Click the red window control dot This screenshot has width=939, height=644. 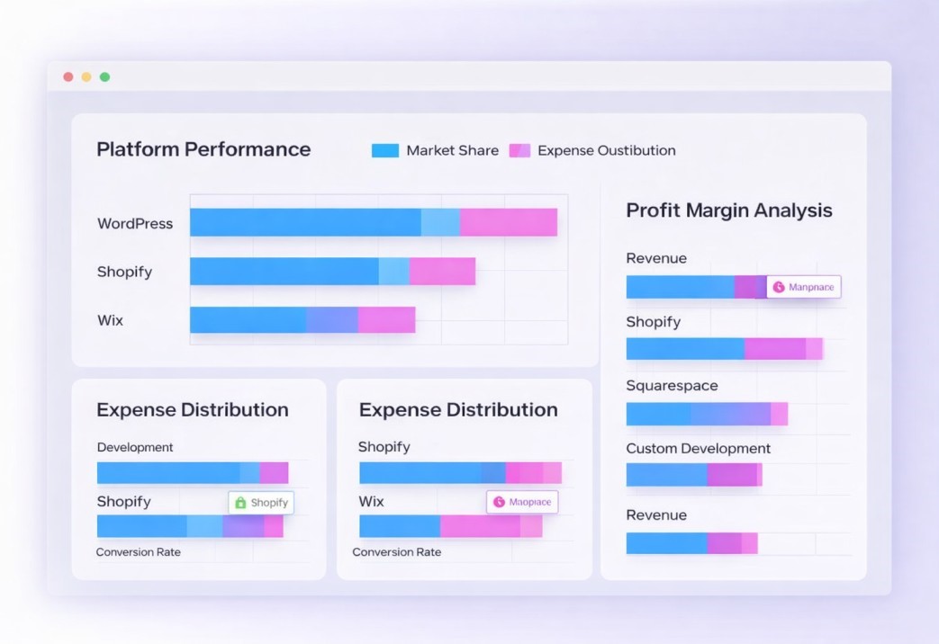[x=68, y=77]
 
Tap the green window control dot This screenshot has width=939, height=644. [x=104, y=77]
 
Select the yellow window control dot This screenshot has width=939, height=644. [x=86, y=77]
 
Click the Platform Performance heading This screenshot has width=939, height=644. [x=203, y=149]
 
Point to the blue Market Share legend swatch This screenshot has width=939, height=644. [x=384, y=151]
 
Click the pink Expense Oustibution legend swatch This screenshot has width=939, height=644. [x=519, y=151]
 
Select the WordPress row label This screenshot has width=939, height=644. [x=135, y=223]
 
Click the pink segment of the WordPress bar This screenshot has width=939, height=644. [x=509, y=222]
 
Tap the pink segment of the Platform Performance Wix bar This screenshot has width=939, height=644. [x=386, y=319]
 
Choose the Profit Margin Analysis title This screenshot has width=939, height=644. [x=728, y=210]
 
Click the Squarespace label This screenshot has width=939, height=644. [x=672, y=386]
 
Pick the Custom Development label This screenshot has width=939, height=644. [x=698, y=449]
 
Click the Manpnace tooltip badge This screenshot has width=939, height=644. [x=804, y=287]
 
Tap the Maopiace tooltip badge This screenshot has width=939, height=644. [x=522, y=502]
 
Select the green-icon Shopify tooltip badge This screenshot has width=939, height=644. [x=261, y=503]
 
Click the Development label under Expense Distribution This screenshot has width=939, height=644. [x=135, y=448]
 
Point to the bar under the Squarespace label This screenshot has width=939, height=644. [x=706, y=414]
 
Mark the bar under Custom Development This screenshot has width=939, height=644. [x=693, y=475]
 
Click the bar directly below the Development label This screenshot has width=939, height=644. [x=192, y=473]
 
